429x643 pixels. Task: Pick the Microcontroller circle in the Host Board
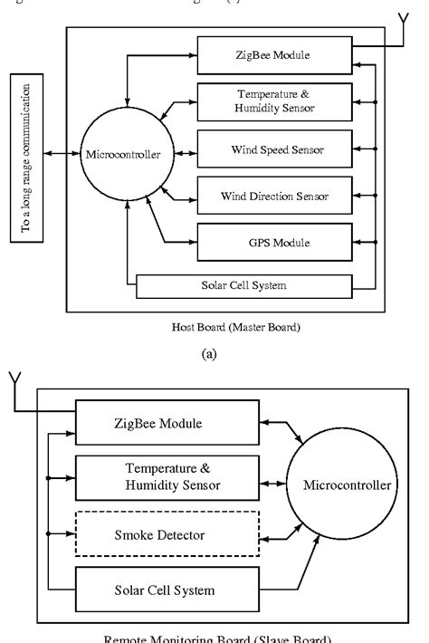point(123,154)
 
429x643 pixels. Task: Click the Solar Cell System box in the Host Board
point(243,287)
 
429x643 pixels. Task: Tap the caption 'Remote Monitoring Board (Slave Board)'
point(214,637)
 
